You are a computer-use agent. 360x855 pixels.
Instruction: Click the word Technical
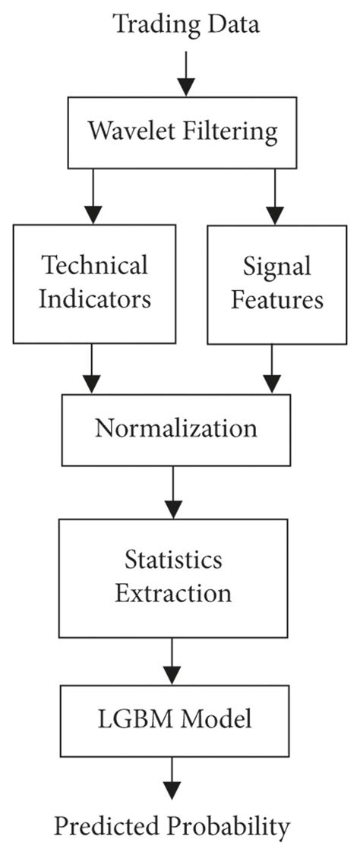point(94,266)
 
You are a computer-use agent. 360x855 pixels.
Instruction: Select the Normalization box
point(175,428)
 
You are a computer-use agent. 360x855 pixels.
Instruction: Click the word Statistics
point(173,560)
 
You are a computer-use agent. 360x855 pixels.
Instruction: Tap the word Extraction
point(173,592)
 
